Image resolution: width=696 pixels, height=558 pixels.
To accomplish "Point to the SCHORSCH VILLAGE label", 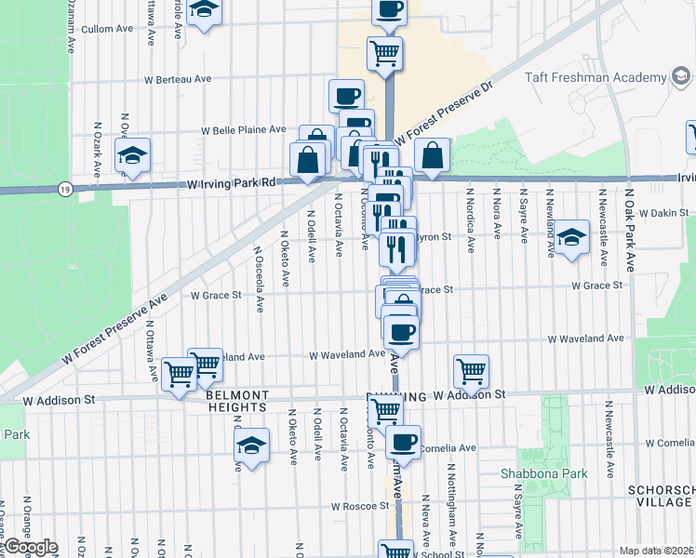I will (663, 495).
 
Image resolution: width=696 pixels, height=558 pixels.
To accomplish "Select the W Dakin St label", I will (663, 213).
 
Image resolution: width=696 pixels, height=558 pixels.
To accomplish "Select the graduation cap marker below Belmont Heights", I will (251, 445).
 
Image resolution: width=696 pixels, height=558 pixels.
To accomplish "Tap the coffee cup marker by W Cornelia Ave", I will (403, 442).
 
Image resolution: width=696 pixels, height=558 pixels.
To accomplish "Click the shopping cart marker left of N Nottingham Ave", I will (472, 370).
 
